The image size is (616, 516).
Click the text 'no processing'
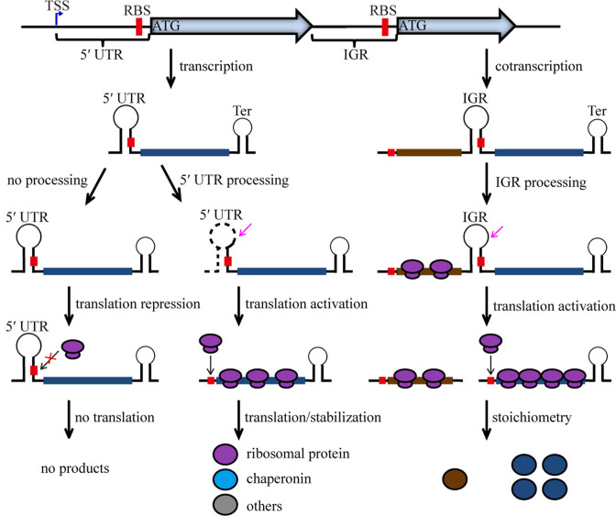44,181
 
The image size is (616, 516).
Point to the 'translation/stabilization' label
309,419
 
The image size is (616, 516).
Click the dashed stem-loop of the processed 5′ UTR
227,247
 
